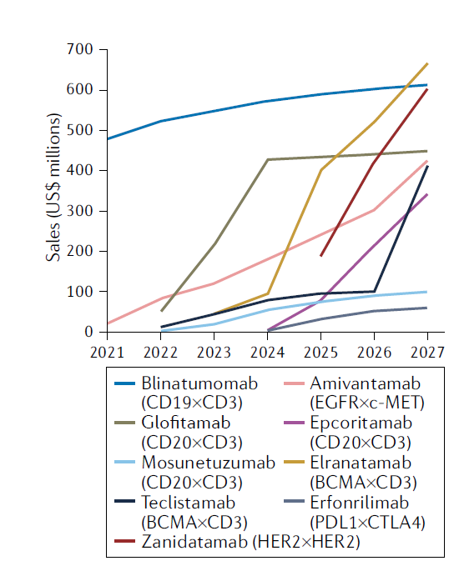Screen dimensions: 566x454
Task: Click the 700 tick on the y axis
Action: coord(83,49)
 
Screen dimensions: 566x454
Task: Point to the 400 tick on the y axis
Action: coord(83,170)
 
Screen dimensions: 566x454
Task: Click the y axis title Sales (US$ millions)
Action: coord(55,191)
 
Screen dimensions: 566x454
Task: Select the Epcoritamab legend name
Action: coord(351,423)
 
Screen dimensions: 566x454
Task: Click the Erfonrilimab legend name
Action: coord(353,503)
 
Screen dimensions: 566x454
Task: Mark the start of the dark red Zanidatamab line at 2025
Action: coord(320,255)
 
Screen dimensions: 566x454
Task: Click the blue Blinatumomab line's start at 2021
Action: coord(108,138)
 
